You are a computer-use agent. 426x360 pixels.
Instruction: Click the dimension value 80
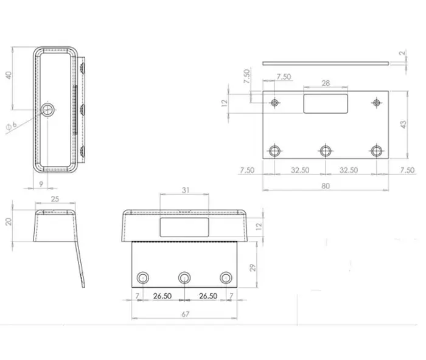point(326,186)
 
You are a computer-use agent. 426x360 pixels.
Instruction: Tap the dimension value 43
point(403,125)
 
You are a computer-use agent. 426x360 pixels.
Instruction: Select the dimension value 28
point(326,83)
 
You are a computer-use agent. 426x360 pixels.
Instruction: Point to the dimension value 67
point(185,314)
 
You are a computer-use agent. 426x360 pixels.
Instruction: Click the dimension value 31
point(186,190)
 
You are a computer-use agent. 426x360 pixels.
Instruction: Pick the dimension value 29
point(253,268)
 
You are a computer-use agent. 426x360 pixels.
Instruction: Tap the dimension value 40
point(9,75)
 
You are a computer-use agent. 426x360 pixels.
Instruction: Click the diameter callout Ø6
point(12,126)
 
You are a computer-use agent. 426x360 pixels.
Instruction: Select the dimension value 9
point(41,184)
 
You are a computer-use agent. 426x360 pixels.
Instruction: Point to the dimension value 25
point(55,199)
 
